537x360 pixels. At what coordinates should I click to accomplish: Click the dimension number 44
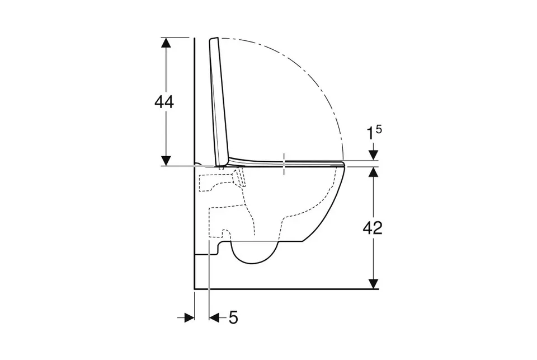pos(164,102)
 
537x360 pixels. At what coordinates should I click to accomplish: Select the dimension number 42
pos(373,228)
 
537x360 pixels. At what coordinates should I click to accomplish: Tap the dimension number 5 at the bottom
pos(233,317)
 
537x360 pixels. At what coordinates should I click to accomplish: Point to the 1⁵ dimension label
pos(374,132)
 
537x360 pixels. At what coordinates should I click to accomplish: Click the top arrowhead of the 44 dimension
pos(166,43)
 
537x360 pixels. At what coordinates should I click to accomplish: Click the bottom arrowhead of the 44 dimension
pos(166,161)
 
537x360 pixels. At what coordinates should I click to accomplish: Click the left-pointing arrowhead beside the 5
pos(214,318)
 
